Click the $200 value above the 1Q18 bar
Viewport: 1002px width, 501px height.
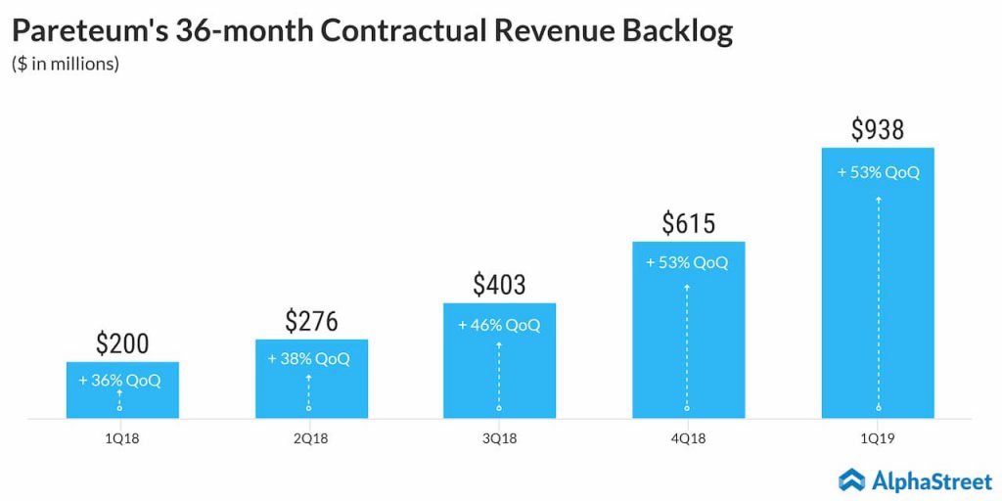[x=122, y=343]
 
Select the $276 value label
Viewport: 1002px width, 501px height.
[x=311, y=321]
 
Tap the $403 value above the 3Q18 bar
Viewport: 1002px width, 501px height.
[x=499, y=285]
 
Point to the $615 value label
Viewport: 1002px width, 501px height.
[x=687, y=223]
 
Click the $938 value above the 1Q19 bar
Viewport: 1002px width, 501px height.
[x=878, y=129]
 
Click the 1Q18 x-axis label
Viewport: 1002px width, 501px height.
[x=122, y=439]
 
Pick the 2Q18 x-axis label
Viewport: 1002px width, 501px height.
[x=311, y=439]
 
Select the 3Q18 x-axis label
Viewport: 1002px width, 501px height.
[x=499, y=439]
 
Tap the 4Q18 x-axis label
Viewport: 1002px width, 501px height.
[x=687, y=439]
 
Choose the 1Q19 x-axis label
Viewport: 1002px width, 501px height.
[x=878, y=439]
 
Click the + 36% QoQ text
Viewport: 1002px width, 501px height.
[x=122, y=381]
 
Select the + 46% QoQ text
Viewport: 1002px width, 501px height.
[x=499, y=324]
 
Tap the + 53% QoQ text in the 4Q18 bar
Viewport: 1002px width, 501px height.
[x=687, y=262]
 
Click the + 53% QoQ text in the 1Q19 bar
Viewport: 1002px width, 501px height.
[x=878, y=172]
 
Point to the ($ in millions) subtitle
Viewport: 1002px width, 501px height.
[x=66, y=65]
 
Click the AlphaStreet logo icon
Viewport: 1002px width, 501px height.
[x=852, y=478]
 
